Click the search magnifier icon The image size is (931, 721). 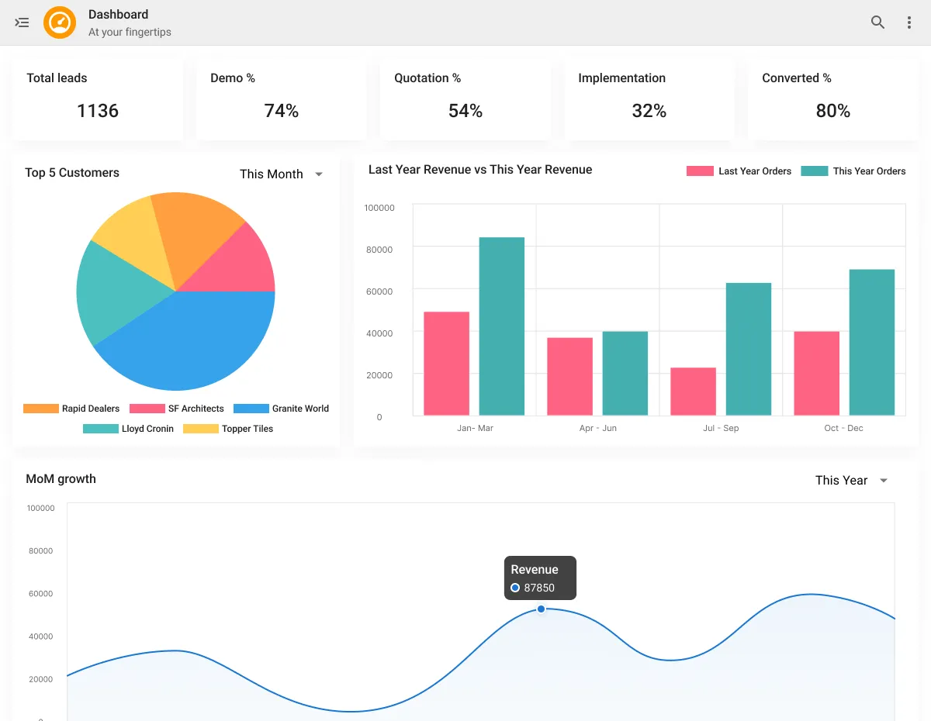(877, 22)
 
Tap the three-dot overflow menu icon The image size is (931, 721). (909, 22)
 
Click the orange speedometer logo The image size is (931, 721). (60, 22)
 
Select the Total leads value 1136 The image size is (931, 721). (98, 111)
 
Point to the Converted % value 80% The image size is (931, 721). (832, 111)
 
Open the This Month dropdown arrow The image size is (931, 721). (319, 174)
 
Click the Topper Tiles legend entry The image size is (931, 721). (229, 429)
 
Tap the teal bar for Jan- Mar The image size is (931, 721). (501, 326)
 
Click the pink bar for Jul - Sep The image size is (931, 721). (693, 391)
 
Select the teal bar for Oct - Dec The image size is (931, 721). (871, 342)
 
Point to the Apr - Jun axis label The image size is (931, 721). (597, 428)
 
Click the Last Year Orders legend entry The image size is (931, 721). (739, 171)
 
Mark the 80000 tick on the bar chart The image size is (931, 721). (379, 250)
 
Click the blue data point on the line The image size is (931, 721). (542, 609)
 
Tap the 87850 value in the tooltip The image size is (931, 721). (539, 588)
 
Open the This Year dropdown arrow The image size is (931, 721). (883, 481)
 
